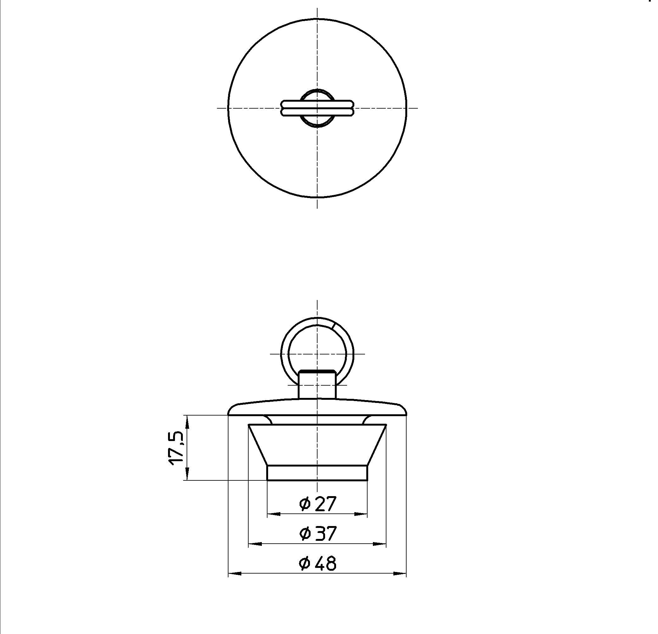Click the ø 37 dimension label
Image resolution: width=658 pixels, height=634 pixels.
point(317,533)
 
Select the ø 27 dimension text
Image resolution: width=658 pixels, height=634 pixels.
point(317,504)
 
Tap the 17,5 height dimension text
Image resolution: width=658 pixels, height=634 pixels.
point(176,448)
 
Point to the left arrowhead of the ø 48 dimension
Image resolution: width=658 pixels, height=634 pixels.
point(235,574)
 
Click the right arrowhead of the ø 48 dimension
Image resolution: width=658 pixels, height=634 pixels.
point(400,574)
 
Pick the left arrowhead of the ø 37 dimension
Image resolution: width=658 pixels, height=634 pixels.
point(255,544)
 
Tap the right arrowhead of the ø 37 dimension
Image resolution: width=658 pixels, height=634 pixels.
point(380,544)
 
